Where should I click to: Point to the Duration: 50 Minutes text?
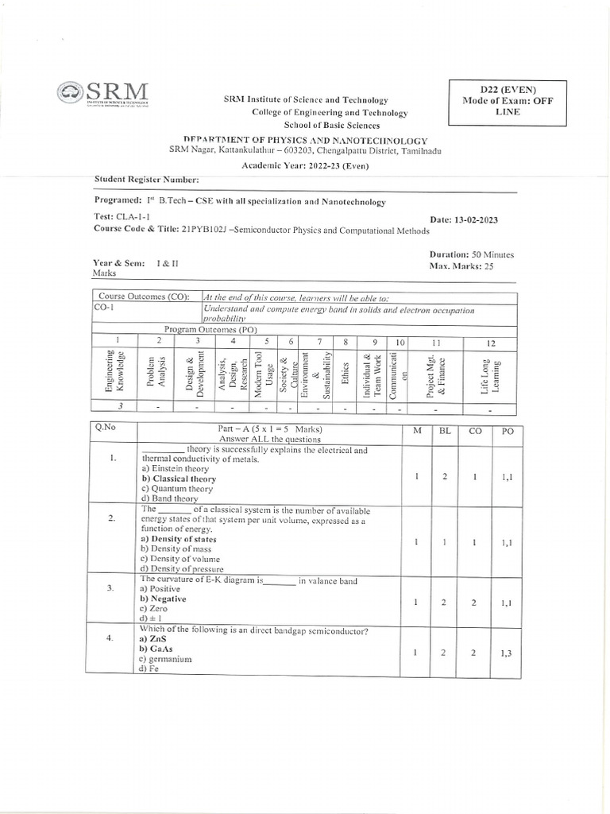click(x=471, y=254)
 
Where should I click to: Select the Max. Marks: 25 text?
click(x=461, y=266)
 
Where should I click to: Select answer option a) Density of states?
click(x=178, y=539)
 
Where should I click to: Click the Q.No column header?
click(x=105, y=427)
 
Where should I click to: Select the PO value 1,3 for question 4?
click(x=506, y=653)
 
